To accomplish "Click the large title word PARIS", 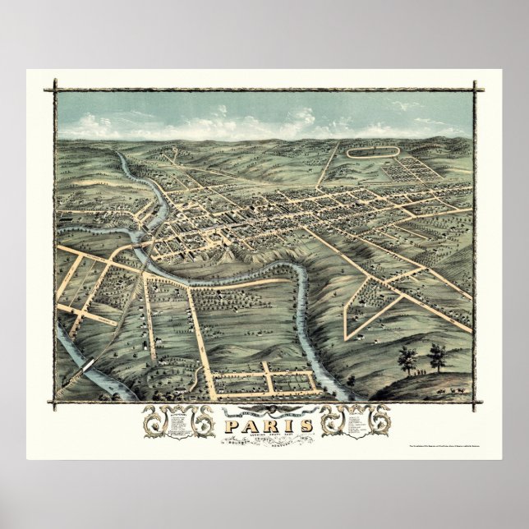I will [264, 426].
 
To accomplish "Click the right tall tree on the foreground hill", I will [437, 356].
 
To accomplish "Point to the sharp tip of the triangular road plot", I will [352, 338].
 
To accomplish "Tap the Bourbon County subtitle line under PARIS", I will [264, 441].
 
